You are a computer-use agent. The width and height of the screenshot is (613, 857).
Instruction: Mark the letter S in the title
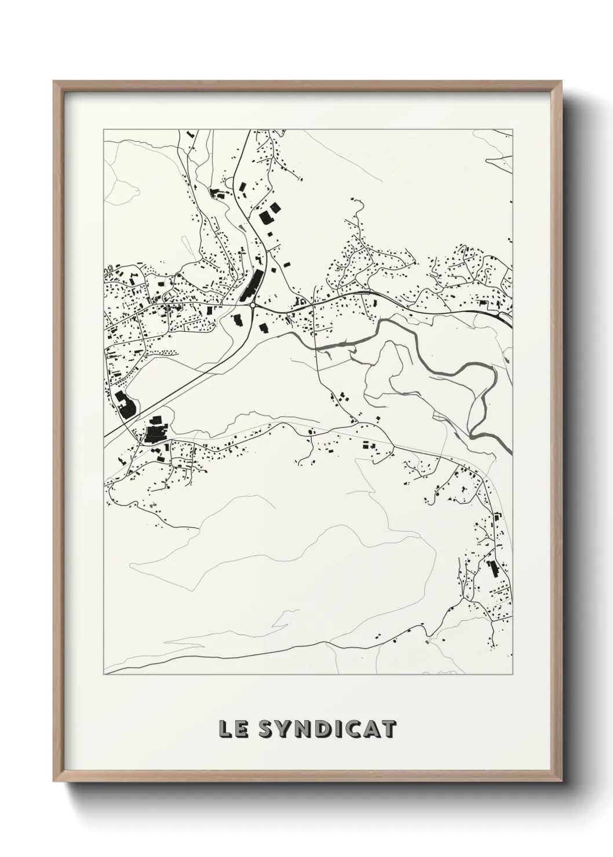(265, 730)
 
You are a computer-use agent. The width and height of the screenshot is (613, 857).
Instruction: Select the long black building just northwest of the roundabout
(250, 285)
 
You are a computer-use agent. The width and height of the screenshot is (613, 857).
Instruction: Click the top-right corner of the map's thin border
(512, 129)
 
